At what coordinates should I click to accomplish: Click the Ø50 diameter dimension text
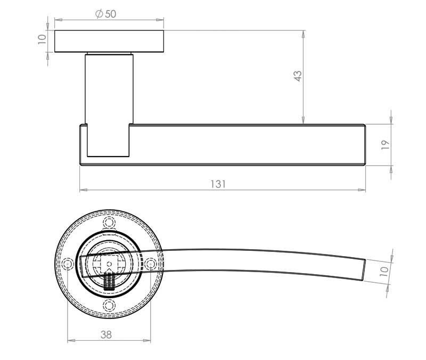click(x=105, y=14)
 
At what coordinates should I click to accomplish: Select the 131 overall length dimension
click(x=218, y=184)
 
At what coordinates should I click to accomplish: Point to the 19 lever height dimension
click(x=386, y=144)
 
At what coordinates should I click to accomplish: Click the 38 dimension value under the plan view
click(x=106, y=334)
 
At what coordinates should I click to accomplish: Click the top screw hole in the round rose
click(x=109, y=222)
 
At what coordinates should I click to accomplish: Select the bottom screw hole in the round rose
click(x=109, y=305)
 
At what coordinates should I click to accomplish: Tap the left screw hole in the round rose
click(x=68, y=264)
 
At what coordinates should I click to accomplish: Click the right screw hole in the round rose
click(x=150, y=264)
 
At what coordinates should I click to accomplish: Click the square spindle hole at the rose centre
click(x=109, y=264)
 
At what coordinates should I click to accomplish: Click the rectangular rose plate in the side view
click(x=109, y=41)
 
